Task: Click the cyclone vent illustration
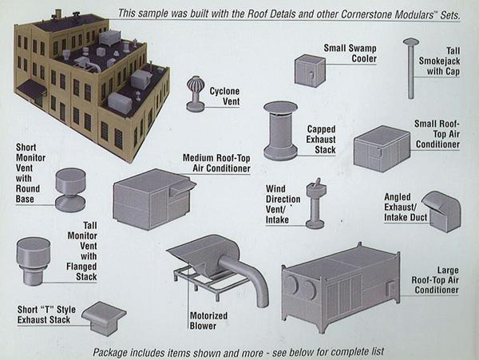coord(194,93)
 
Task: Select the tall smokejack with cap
coord(411,68)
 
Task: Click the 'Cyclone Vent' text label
coord(224,97)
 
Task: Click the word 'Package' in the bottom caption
coord(113,351)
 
